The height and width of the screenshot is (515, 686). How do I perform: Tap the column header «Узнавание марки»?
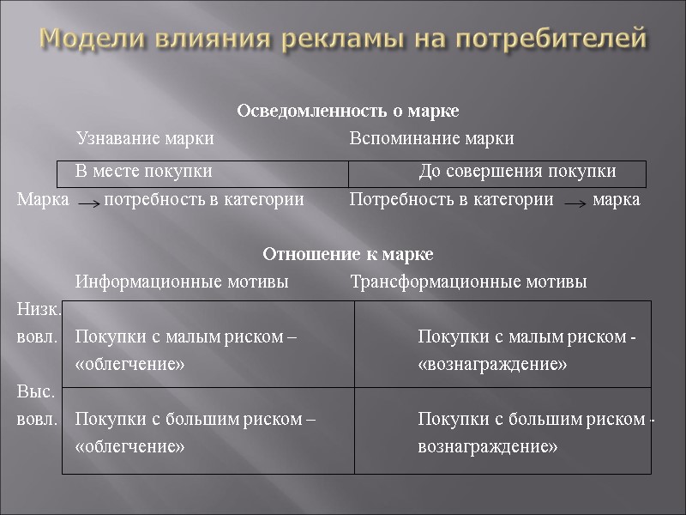[145, 138]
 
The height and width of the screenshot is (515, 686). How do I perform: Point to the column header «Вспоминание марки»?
[432, 138]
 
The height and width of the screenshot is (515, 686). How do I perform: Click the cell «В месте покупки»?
[144, 172]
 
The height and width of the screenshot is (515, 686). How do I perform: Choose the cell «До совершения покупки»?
[517, 172]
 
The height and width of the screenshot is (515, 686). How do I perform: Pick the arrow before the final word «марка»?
[576, 204]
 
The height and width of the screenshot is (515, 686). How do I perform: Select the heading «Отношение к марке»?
[348, 255]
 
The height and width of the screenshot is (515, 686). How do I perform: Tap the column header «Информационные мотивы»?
[182, 282]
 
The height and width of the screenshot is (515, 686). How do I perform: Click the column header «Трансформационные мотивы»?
[469, 282]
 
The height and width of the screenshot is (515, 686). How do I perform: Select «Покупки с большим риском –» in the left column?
[196, 420]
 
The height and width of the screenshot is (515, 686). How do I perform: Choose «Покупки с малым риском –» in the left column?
[186, 337]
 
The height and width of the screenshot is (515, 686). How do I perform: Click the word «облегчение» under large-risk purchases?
[130, 447]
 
